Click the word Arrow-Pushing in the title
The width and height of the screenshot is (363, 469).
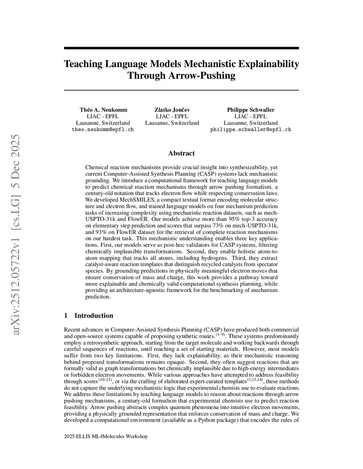tap(201, 75)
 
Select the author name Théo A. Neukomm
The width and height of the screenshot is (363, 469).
tap(103, 110)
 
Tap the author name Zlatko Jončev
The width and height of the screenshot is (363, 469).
tap(172, 110)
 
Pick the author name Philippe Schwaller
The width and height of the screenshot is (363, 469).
tap(251, 110)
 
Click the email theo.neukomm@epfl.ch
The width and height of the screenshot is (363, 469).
tap(103, 129)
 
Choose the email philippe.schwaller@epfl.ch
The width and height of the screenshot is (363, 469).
tap(251, 129)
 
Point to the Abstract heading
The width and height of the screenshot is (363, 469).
tap(181, 153)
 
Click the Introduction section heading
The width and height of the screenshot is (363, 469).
tap(94, 316)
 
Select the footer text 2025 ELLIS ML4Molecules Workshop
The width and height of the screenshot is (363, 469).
tap(106, 436)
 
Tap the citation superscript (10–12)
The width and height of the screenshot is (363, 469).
tap(105, 379)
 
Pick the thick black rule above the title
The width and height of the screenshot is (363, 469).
tap(181, 48)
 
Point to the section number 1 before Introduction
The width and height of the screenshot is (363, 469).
tap(66, 316)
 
